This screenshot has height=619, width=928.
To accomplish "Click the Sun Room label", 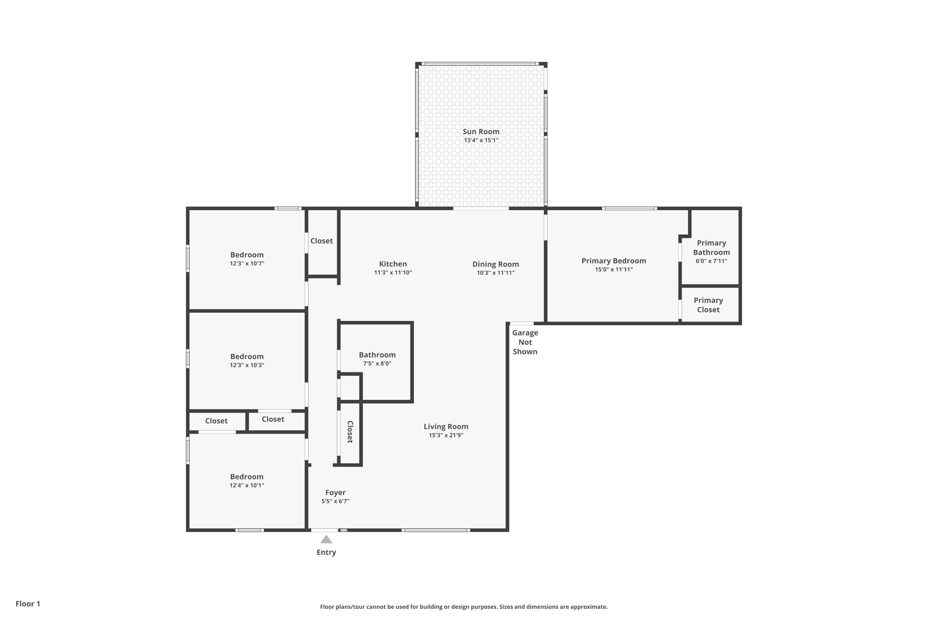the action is click(481, 132).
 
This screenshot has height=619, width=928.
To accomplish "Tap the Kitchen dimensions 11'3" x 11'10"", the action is click(393, 272).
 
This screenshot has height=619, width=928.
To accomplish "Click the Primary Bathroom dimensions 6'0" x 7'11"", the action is click(711, 261).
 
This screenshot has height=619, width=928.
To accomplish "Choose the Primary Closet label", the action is click(708, 305).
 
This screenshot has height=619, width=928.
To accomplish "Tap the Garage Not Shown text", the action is click(525, 342).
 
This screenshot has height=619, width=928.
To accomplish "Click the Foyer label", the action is click(335, 493).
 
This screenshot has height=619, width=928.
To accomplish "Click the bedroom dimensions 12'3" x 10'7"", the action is click(247, 264).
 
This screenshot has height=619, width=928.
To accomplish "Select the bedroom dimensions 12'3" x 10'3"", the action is click(247, 365).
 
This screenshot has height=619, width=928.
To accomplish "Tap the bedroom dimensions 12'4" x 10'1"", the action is click(247, 486).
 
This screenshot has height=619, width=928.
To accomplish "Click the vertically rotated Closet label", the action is click(350, 432).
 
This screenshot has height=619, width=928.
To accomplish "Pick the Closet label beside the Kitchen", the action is click(322, 241).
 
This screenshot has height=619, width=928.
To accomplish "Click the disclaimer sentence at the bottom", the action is click(464, 607).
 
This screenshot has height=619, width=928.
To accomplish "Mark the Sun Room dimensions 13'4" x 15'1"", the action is click(481, 140).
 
